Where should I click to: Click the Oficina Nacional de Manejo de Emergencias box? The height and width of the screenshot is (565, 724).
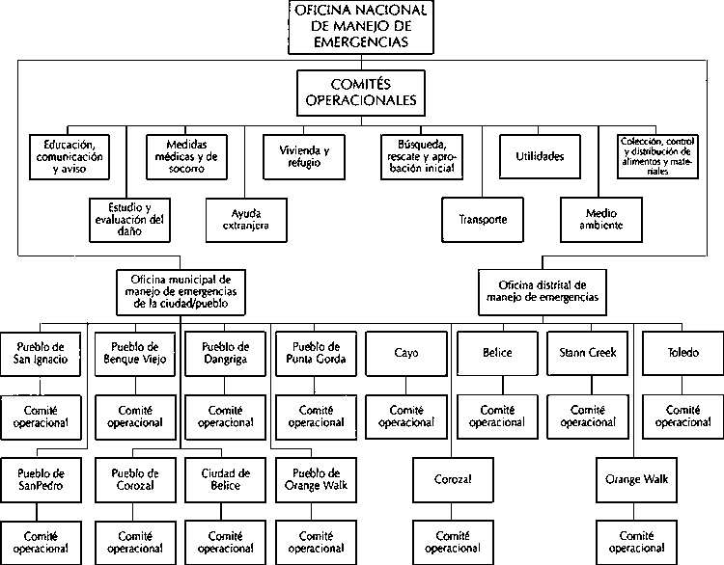click(361, 27)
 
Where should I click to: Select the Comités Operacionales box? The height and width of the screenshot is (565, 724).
click(361, 93)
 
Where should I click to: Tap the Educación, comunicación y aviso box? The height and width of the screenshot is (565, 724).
click(70, 157)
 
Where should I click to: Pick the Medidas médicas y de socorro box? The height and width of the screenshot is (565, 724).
click(186, 157)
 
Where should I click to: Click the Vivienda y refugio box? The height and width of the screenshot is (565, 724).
click(304, 157)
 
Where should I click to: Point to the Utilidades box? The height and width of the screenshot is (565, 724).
click(540, 157)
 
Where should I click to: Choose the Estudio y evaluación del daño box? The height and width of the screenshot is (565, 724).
click(129, 220)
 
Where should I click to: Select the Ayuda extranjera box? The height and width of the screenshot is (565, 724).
click(246, 220)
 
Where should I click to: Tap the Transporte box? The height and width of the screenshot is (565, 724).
click(483, 220)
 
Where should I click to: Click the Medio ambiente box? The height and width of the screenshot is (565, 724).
click(601, 220)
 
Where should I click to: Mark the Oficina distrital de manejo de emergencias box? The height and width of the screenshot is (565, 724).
click(543, 292)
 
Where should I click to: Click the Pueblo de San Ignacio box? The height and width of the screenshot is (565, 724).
click(41, 354)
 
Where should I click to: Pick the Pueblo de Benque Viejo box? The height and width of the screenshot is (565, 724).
click(135, 354)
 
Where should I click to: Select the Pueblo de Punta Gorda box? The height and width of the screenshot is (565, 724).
click(316, 354)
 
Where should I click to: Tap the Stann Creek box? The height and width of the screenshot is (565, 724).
click(587, 353)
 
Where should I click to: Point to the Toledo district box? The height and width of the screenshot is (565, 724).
click(682, 353)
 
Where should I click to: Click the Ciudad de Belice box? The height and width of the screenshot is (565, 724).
click(225, 480)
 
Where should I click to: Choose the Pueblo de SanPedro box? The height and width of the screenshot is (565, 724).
click(41, 480)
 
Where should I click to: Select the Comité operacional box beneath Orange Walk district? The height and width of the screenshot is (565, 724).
click(637, 543)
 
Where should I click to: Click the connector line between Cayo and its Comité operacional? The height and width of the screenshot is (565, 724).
click(406, 386)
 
